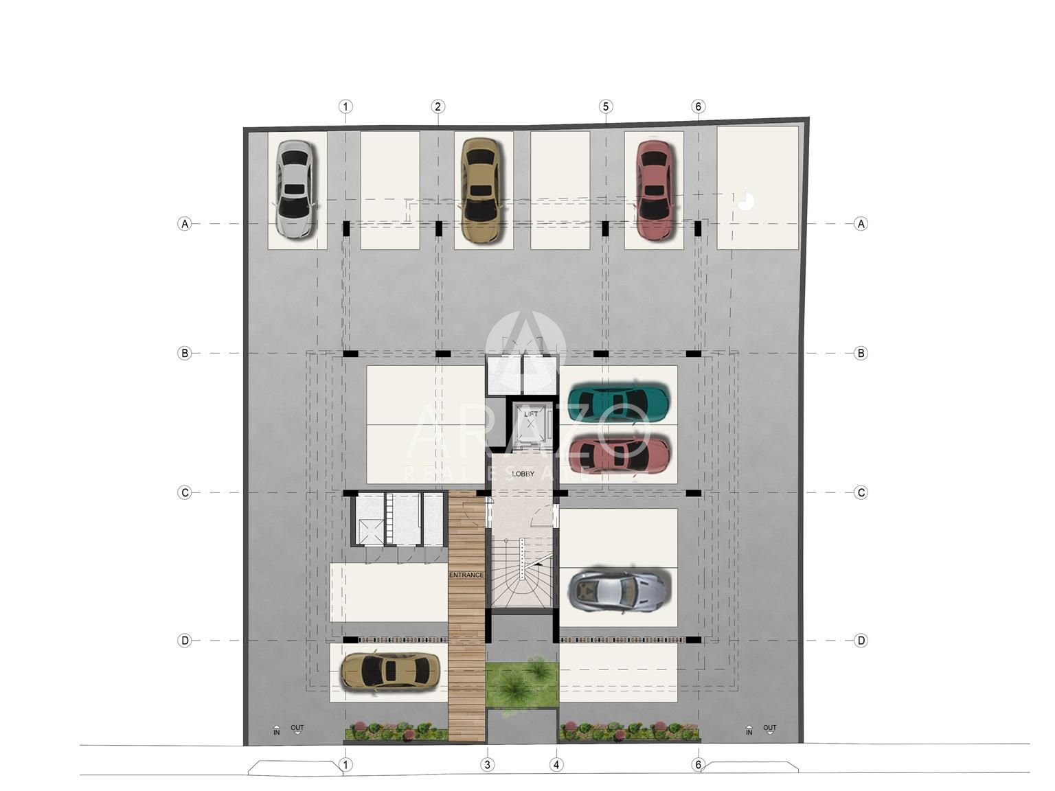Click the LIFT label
click(x=531, y=414)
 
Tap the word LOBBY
click(x=523, y=474)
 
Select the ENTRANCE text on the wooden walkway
click(x=466, y=575)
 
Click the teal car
click(x=619, y=398)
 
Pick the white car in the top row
click(x=296, y=190)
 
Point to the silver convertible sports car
click(x=619, y=591)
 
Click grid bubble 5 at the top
click(x=606, y=106)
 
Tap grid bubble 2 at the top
click(x=438, y=106)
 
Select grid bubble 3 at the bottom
click(x=488, y=765)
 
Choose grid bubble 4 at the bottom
click(x=556, y=765)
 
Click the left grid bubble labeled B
click(x=185, y=353)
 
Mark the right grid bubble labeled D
click(x=861, y=640)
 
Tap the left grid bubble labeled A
click(x=185, y=223)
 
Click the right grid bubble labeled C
click(x=861, y=492)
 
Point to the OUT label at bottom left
click(x=297, y=728)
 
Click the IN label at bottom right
click(x=749, y=733)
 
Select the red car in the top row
click(x=654, y=190)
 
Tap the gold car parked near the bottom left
click(x=390, y=671)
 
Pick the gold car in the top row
click(x=481, y=190)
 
